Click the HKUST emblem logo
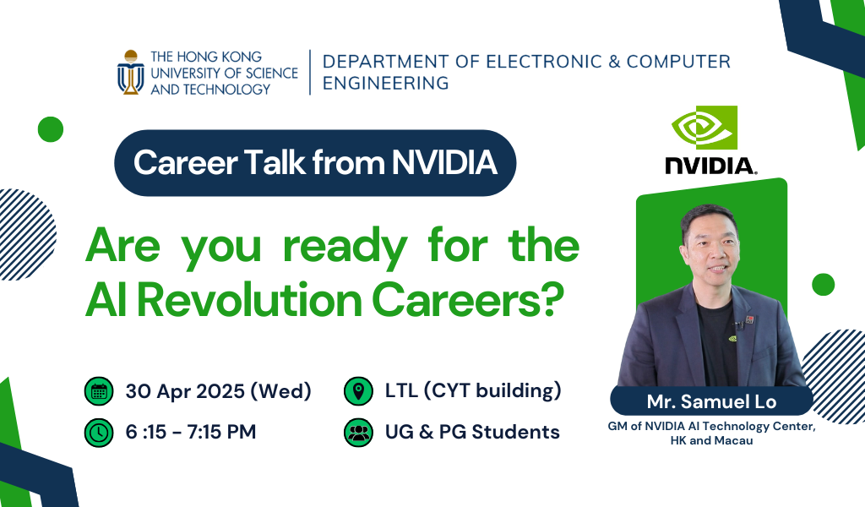[131, 73]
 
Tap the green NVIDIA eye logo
[705, 128]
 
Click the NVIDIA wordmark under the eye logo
[710, 166]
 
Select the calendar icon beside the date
[99, 391]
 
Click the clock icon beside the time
[99, 432]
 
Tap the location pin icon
[358, 391]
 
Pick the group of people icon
[358, 432]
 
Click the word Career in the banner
[185, 163]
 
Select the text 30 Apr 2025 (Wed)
[219, 391]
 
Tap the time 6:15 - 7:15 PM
[191, 432]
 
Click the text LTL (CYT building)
[473, 390]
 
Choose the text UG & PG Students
[472, 432]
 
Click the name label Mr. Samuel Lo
[711, 401]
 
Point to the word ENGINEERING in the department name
[385, 83]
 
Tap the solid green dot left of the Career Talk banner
[51, 129]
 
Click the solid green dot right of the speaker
[824, 285]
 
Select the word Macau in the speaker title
[737, 441]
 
